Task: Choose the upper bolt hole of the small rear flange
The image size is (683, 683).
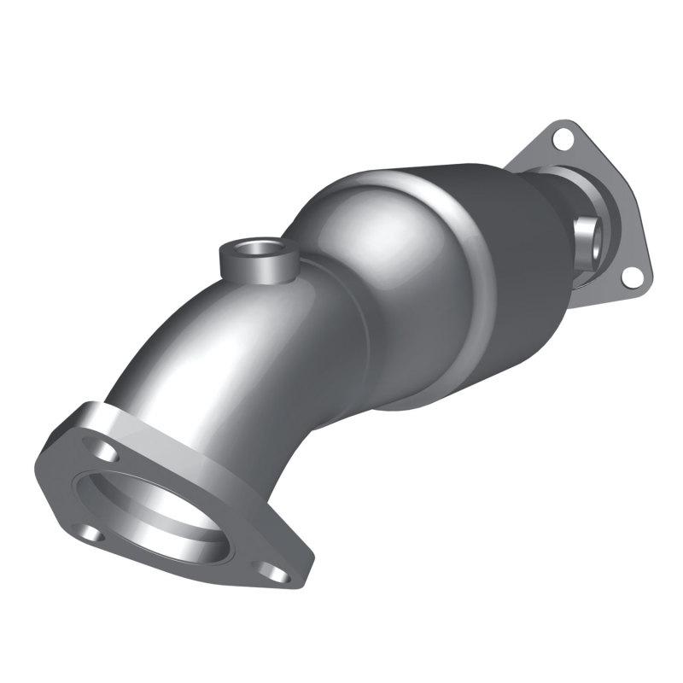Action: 561,136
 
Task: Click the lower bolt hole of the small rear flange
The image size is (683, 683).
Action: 630,276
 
